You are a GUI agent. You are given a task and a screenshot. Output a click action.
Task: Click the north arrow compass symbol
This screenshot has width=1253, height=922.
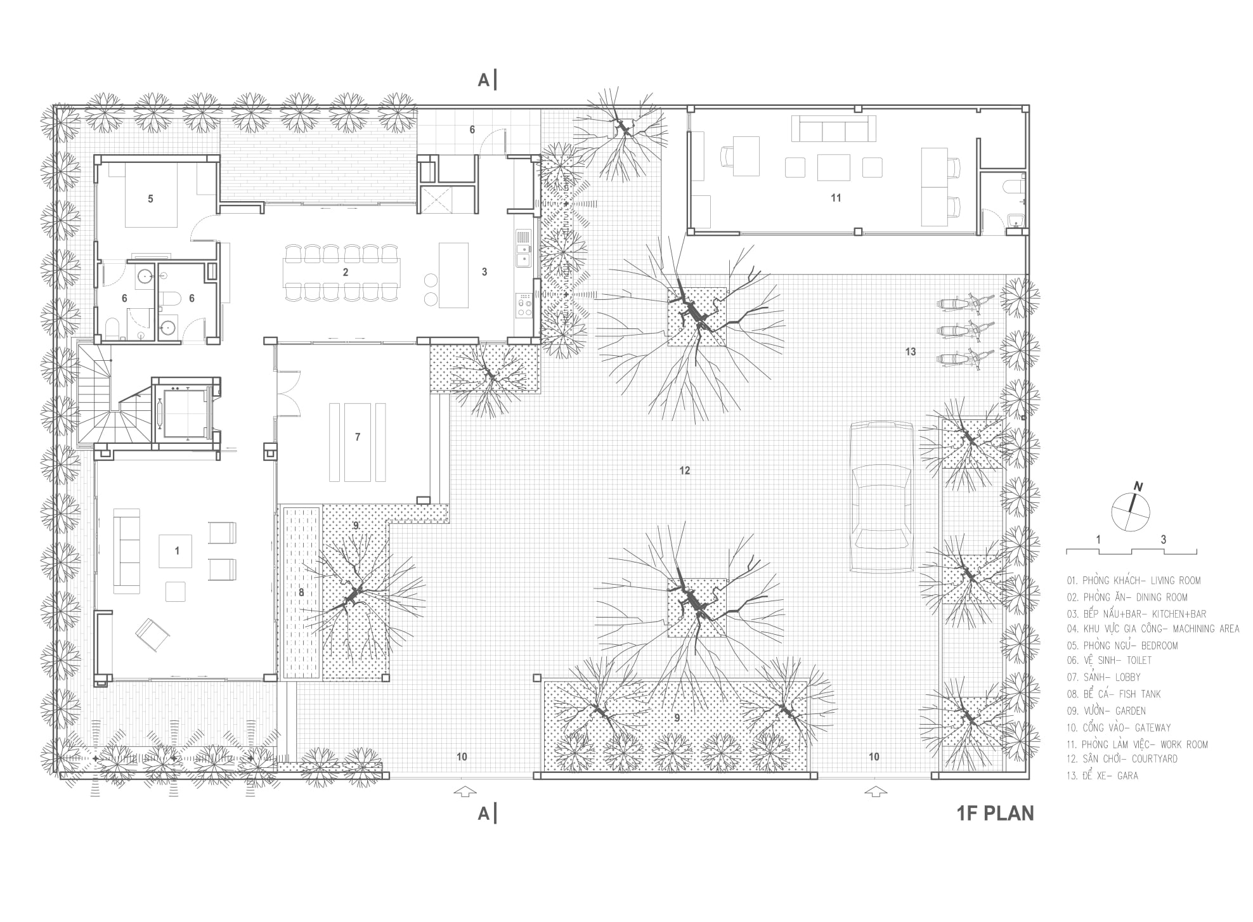tap(1131, 510)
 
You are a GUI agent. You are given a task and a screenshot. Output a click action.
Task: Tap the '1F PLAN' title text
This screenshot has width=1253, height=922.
tap(995, 814)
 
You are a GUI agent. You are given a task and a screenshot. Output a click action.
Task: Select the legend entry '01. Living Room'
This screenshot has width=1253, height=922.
tap(1133, 580)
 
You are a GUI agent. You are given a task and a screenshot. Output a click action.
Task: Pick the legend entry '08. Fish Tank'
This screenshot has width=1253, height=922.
tap(1113, 694)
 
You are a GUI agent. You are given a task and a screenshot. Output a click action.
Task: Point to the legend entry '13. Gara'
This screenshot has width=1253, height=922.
tap(1102, 776)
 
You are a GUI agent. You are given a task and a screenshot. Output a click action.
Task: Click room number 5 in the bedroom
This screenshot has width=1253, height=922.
tap(150, 199)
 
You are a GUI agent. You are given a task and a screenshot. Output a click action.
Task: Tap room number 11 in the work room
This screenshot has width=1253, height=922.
tap(836, 198)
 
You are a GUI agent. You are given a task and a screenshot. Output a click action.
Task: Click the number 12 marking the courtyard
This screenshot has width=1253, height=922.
tap(684, 471)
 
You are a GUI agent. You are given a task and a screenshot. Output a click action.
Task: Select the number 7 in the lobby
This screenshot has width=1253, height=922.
tap(358, 437)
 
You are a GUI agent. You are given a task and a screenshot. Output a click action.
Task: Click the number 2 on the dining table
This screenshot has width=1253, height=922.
tap(345, 273)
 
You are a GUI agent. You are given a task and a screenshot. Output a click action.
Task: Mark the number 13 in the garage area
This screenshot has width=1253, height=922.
tap(911, 352)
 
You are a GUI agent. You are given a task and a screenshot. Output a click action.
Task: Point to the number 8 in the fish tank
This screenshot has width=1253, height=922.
tap(301, 592)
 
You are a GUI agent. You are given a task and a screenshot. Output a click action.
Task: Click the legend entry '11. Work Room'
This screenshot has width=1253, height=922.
tap(1137, 744)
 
